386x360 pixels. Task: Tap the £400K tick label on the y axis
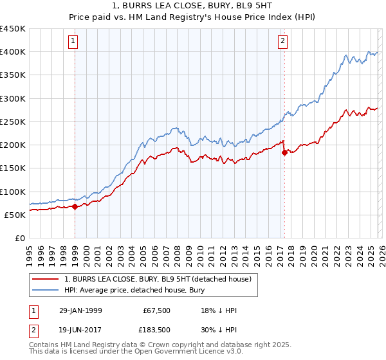13,52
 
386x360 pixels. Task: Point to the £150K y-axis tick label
13,168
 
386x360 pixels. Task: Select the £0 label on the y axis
21,239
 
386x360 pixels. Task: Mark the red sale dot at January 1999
75,206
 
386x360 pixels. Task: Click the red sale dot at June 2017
284,152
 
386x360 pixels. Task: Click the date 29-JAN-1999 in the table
80,310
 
